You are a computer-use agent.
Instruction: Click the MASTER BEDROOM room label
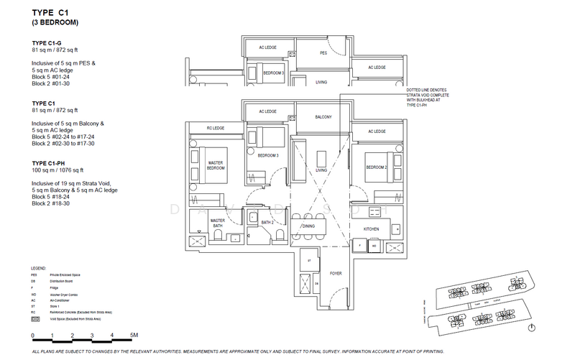coord(216,166)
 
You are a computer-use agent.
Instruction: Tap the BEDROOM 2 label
coord(377,167)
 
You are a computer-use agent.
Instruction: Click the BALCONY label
coord(323,117)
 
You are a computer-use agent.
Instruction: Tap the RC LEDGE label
coord(215,129)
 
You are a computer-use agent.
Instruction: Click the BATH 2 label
coord(265,223)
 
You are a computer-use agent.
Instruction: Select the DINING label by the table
coord(308,226)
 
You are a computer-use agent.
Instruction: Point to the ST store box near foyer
coord(307,261)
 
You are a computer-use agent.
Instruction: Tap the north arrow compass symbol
coord(530,328)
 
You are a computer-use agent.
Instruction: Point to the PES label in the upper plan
coord(323,52)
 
